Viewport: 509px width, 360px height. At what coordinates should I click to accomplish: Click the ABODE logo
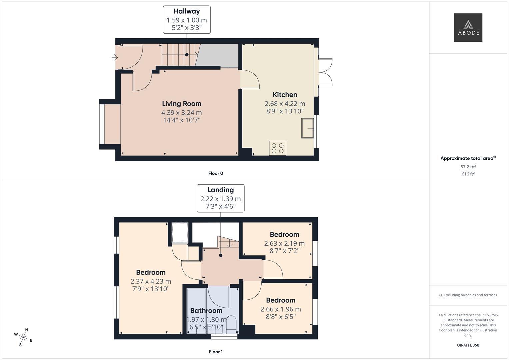(468, 28)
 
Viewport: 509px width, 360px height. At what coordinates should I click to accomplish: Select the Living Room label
(182, 104)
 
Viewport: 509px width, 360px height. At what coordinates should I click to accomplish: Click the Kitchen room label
(285, 95)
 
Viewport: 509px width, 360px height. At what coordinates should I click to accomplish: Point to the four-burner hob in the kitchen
(277, 148)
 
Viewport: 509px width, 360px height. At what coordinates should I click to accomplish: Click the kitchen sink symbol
(308, 128)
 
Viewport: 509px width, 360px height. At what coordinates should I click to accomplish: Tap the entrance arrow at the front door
(115, 58)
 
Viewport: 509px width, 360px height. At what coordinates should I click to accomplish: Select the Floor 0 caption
(216, 173)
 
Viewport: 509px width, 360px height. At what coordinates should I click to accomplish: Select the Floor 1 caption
(216, 352)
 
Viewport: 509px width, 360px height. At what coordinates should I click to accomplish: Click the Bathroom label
(206, 311)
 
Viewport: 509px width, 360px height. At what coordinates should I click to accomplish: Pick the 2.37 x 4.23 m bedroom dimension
(151, 281)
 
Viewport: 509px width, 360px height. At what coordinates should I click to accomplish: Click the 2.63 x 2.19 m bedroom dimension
(284, 243)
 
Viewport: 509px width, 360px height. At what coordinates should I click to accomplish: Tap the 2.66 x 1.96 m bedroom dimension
(281, 309)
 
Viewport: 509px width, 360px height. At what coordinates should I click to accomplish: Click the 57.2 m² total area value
(468, 167)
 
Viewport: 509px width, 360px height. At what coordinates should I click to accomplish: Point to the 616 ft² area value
(468, 174)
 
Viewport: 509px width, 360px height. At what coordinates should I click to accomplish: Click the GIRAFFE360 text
(468, 345)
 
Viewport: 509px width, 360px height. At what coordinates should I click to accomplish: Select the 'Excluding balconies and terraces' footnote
(468, 295)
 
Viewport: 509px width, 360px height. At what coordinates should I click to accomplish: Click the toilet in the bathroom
(231, 325)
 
